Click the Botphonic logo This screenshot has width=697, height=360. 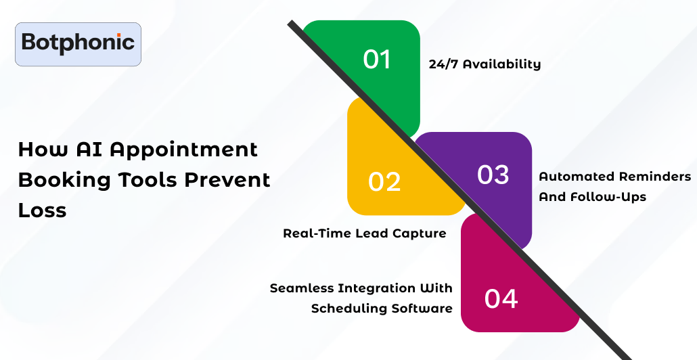click(78, 44)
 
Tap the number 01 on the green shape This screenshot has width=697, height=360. click(377, 59)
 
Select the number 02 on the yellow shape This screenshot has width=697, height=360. click(384, 182)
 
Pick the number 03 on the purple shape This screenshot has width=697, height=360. click(493, 174)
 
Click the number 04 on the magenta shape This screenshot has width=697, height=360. click(501, 298)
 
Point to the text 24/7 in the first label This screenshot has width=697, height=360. click(444, 64)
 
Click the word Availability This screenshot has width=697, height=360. click(502, 64)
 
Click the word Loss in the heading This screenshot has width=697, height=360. click(42, 210)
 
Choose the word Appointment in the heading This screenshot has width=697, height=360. click(184, 150)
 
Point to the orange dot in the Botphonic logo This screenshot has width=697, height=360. click(118, 35)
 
